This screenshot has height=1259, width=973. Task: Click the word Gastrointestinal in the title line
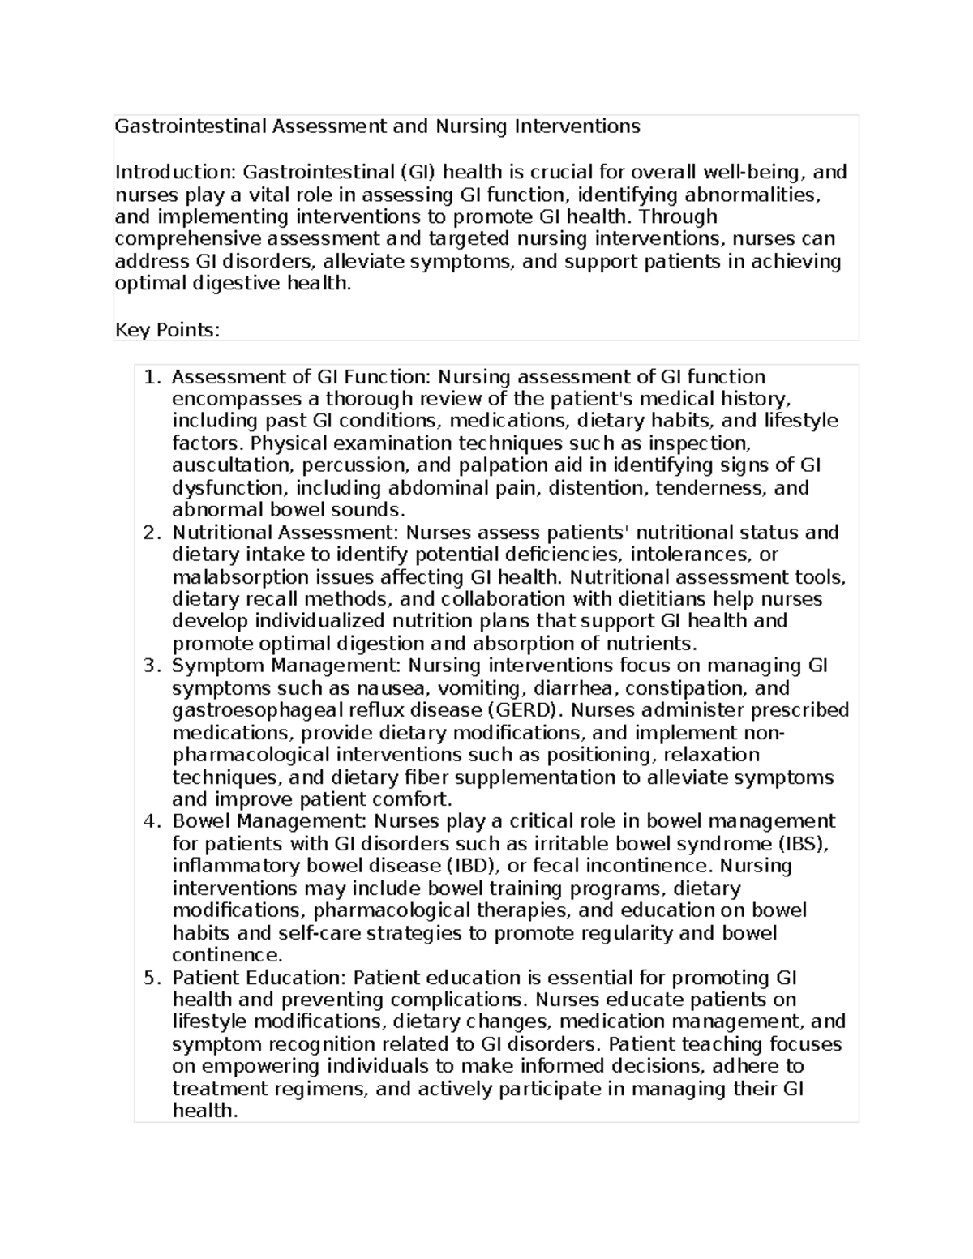coord(191,126)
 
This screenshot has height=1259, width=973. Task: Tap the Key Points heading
coord(167,330)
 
